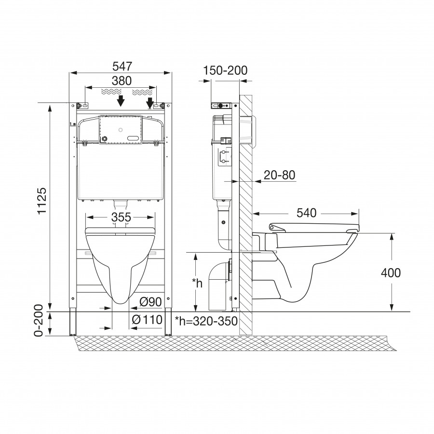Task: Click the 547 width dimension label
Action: pyautogui.click(x=122, y=67)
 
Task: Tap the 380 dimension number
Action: pyautogui.click(x=122, y=81)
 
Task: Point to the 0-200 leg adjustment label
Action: pyautogui.click(x=39, y=321)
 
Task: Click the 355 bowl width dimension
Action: pyautogui.click(x=121, y=217)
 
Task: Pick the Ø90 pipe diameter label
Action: pyautogui.click(x=150, y=302)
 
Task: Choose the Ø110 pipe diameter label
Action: pyautogui.click(x=147, y=320)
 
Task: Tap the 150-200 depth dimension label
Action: pyautogui.click(x=225, y=70)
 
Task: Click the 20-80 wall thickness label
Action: pyautogui.click(x=280, y=175)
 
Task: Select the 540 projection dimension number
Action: pyautogui.click(x=306, y=213)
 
